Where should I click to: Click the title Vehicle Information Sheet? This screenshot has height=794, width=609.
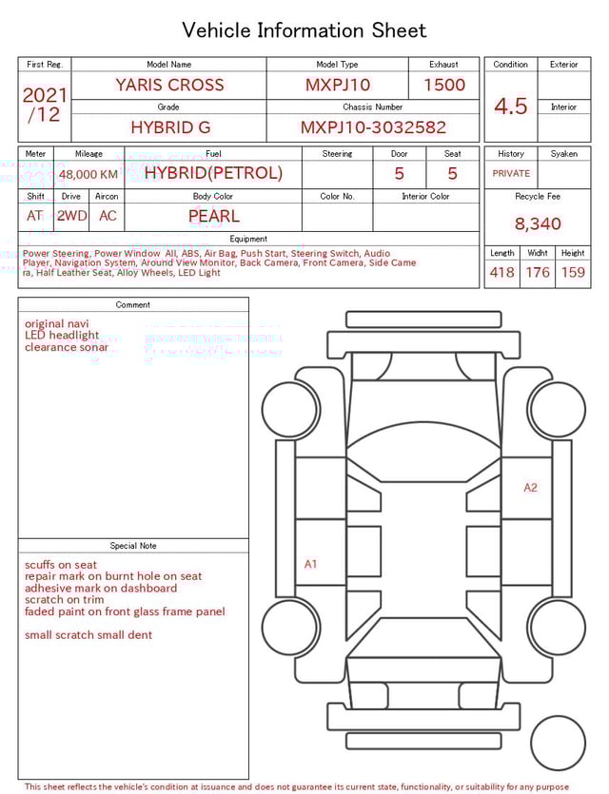[x=304, y=30]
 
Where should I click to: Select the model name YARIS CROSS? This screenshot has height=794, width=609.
[x=169, y=85]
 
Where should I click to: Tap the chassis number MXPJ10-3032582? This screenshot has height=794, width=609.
[x=373, y=127]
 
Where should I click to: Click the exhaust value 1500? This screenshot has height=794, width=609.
[x=443, y=85]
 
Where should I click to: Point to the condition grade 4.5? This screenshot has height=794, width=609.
[x=511, y=107]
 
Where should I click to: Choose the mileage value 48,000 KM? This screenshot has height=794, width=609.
[x=88, y=174]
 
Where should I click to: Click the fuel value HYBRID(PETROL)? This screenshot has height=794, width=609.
[x=213, y=173]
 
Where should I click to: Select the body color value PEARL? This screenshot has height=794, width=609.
[x=213, y=216]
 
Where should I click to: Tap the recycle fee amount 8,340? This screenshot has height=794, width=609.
[x=538, y=224]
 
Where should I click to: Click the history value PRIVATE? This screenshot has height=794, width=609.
[x=511, y=174]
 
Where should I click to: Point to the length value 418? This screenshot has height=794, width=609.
[x=501, y=273]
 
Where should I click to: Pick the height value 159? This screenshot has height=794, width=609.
[x=573, y=273]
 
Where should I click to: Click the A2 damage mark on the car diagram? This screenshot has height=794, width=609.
[x=530, y=488]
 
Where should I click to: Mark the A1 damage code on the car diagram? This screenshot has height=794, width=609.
[x=310, y=564]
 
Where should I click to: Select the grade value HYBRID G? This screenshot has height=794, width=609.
[x=169, y=127]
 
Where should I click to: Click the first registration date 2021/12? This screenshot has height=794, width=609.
[x=45, y=106]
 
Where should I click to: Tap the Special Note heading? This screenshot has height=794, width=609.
[x=133, y=546]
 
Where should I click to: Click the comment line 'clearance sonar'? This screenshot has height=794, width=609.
[x=67, y=348]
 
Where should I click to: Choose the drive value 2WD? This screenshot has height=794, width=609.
[x=71, y=216]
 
